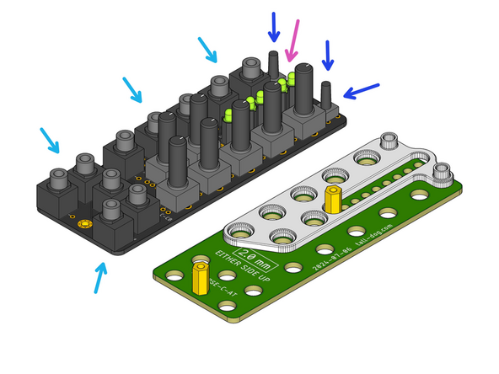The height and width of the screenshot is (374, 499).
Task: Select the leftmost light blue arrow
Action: click(x=49, y=141)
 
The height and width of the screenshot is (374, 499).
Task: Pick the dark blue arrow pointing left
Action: click(x=360, y=91)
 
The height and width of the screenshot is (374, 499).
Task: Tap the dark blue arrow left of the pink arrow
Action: click(x=273, y=27)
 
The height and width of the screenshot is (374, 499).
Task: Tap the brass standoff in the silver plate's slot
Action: click(x=333, y=200)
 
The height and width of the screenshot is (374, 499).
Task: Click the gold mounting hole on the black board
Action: click(x=83, y=225)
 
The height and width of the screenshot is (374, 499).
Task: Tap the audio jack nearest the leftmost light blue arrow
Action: click(x=58, y=179)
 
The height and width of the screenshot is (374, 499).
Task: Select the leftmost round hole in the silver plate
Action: click(x=239, y=228)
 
